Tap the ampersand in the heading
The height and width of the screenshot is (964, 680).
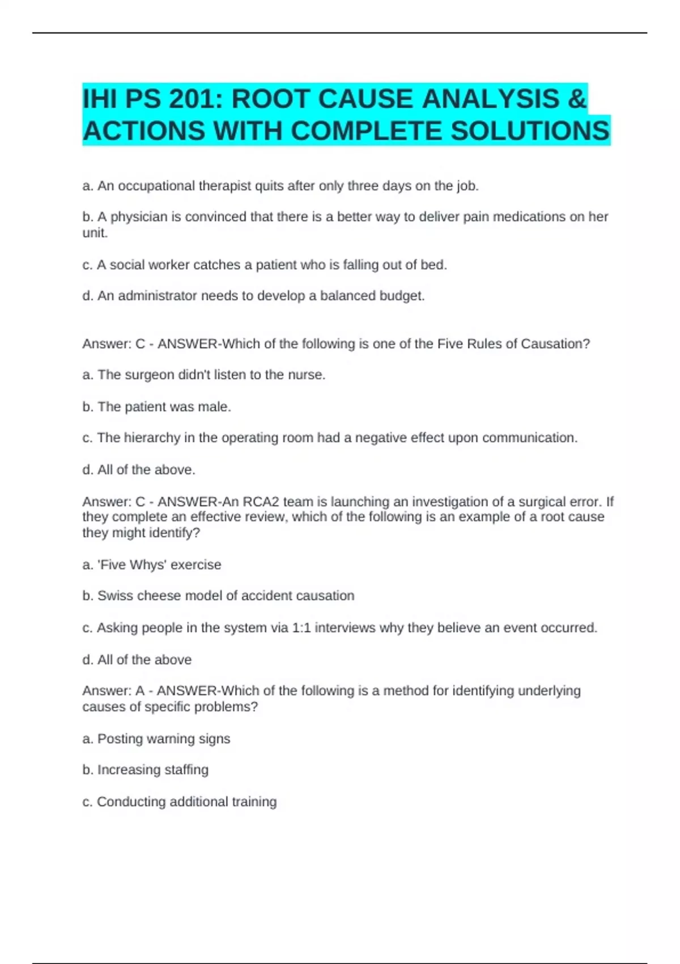(x=576, y=99)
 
